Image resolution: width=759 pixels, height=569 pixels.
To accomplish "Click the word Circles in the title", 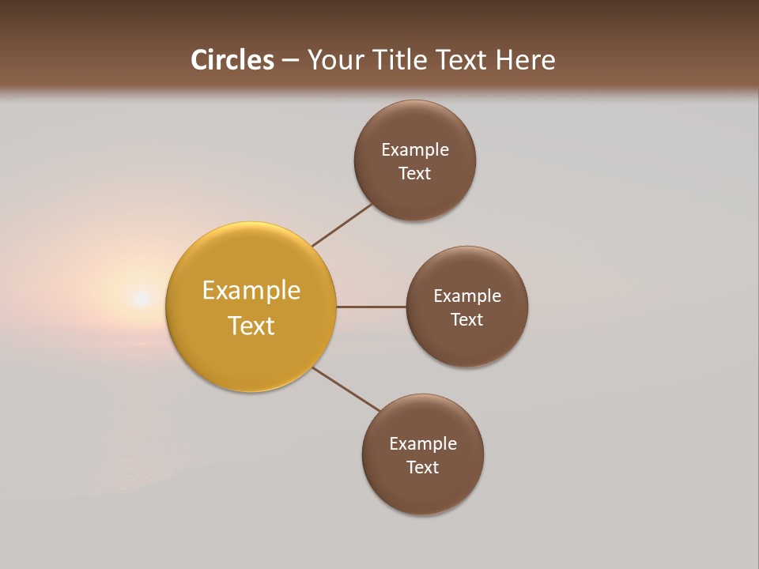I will pos(232,60).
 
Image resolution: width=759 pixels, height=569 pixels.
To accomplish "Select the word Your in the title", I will pos(336,60).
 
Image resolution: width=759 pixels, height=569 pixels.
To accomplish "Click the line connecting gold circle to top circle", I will pos(342,224).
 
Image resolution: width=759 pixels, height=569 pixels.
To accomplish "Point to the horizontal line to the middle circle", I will pos(371,307).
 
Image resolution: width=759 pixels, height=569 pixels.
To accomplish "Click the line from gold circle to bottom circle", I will pos(346,390).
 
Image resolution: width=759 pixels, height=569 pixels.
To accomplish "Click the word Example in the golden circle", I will pos(251,291).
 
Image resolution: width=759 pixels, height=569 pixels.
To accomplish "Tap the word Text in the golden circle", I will pos(251,326).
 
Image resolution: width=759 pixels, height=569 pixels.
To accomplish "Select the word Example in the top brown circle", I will pos(414,149).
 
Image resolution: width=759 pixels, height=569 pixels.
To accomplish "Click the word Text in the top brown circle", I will pos(414,173).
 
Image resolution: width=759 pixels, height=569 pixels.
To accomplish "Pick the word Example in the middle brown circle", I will pos(466,296).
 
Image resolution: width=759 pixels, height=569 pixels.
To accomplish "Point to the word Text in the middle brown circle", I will pos(466,319).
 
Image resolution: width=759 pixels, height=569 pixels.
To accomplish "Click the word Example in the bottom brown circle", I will pos(422,443).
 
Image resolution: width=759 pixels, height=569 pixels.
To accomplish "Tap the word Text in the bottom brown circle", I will pos(422,467).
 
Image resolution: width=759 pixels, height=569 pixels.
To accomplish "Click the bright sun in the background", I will pos(141,298).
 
